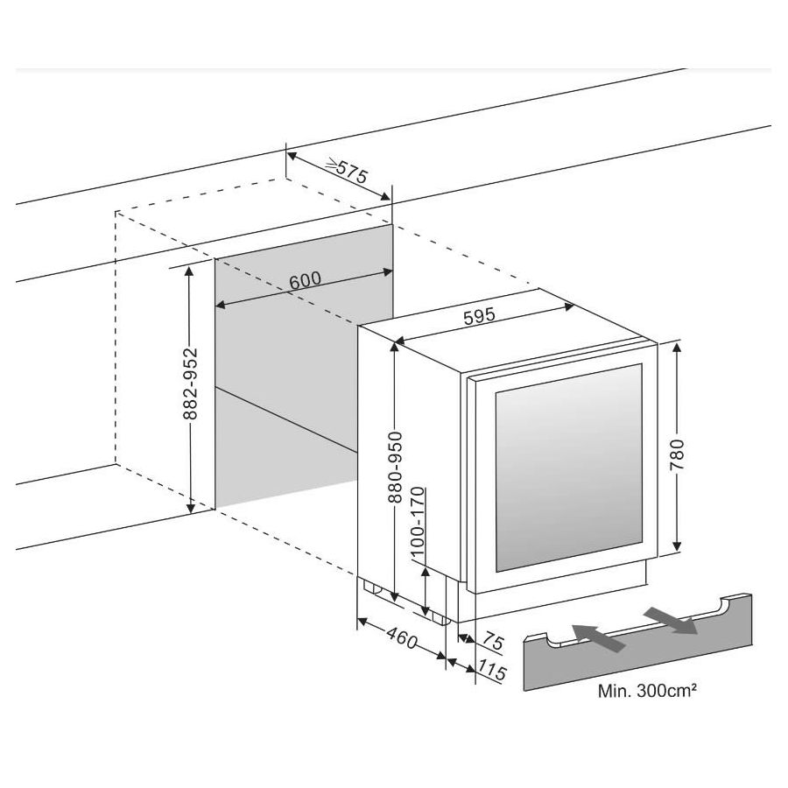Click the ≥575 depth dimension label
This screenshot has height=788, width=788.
click(x=345, y=170)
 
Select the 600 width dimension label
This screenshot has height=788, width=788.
click(x=305, y=281)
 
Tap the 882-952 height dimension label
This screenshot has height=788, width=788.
click(x=192, y=384)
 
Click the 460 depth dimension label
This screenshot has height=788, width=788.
click(x=400, y=639)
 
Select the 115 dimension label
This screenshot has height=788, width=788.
click(x=494, y=674)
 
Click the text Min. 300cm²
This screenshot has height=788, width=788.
click(x=648, y=691)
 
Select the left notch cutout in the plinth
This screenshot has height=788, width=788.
click(x=555, y=642)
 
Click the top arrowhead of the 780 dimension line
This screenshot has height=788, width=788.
click(x=678, y=348)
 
